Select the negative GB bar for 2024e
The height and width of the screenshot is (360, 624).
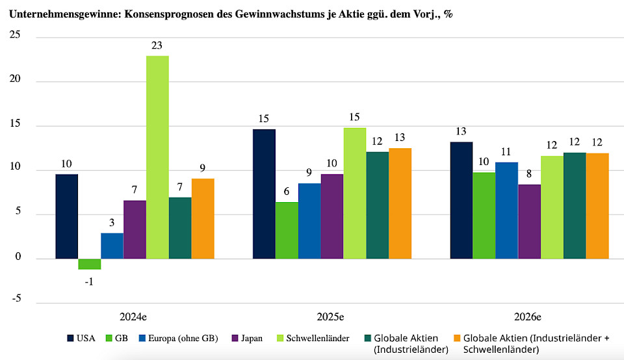(x=89, y=264)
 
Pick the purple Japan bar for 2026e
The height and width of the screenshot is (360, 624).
(x=529, y=222)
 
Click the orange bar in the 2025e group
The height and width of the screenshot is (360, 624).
(x=400, y=203)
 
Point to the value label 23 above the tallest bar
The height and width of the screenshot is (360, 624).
(x=157, y=46)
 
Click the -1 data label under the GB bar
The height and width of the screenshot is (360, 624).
(x=89, y=281)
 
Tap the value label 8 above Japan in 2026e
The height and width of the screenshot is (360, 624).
(x=529, y=174)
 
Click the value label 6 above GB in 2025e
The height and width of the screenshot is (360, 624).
(x=287, y=192)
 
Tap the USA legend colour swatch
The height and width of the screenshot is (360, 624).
(x=70, y=338)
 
